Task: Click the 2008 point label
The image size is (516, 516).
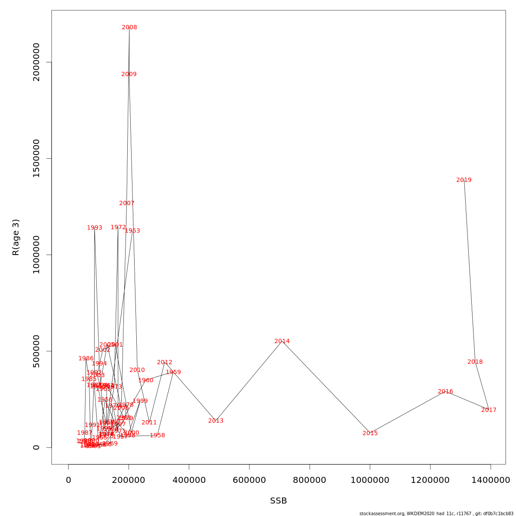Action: (129, 28)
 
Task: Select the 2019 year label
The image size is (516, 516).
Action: (464, 180)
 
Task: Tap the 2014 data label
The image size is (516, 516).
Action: (282, 341)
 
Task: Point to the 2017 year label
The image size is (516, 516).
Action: (489, 410)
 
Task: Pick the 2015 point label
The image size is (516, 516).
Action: (370, 433)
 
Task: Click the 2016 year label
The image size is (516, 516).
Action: (445, 392)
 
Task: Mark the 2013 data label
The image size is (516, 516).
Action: (216, 421)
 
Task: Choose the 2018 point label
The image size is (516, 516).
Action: (475, 362)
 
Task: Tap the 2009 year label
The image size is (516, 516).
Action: (129, 74)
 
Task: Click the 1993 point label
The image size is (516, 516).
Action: (95, 228)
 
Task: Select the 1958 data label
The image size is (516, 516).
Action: (157, 436)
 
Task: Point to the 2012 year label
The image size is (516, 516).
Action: (165, 362)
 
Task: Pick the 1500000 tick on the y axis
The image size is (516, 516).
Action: (36, 158)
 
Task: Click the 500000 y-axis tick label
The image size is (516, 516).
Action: (36, 351)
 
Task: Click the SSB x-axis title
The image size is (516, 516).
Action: (279, 501)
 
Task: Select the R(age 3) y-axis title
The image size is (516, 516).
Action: (16, 237)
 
